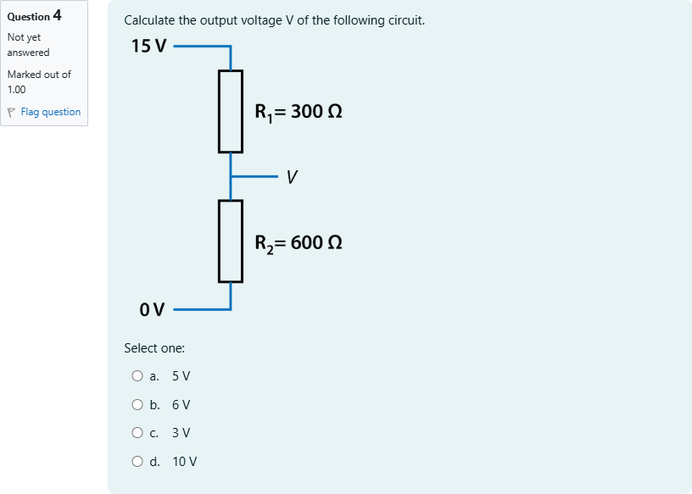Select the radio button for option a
pos(137,375)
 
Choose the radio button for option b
pos(137,404)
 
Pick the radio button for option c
pos(137,433)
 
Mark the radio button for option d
pos(137,461)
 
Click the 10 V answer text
pos(185,461)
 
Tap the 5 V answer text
pos(181,375)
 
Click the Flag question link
pos(51,112)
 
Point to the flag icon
pos(12,113)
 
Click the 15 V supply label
pos(148,46)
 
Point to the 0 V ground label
pos(152,309)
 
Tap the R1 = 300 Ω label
pos(299,112)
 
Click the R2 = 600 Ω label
pos(299,243)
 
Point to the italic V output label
pos(292,177)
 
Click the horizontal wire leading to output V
pos(254,176)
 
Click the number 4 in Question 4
pos(58,15)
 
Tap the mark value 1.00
pos(17,90)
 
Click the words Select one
pos(154,348)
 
